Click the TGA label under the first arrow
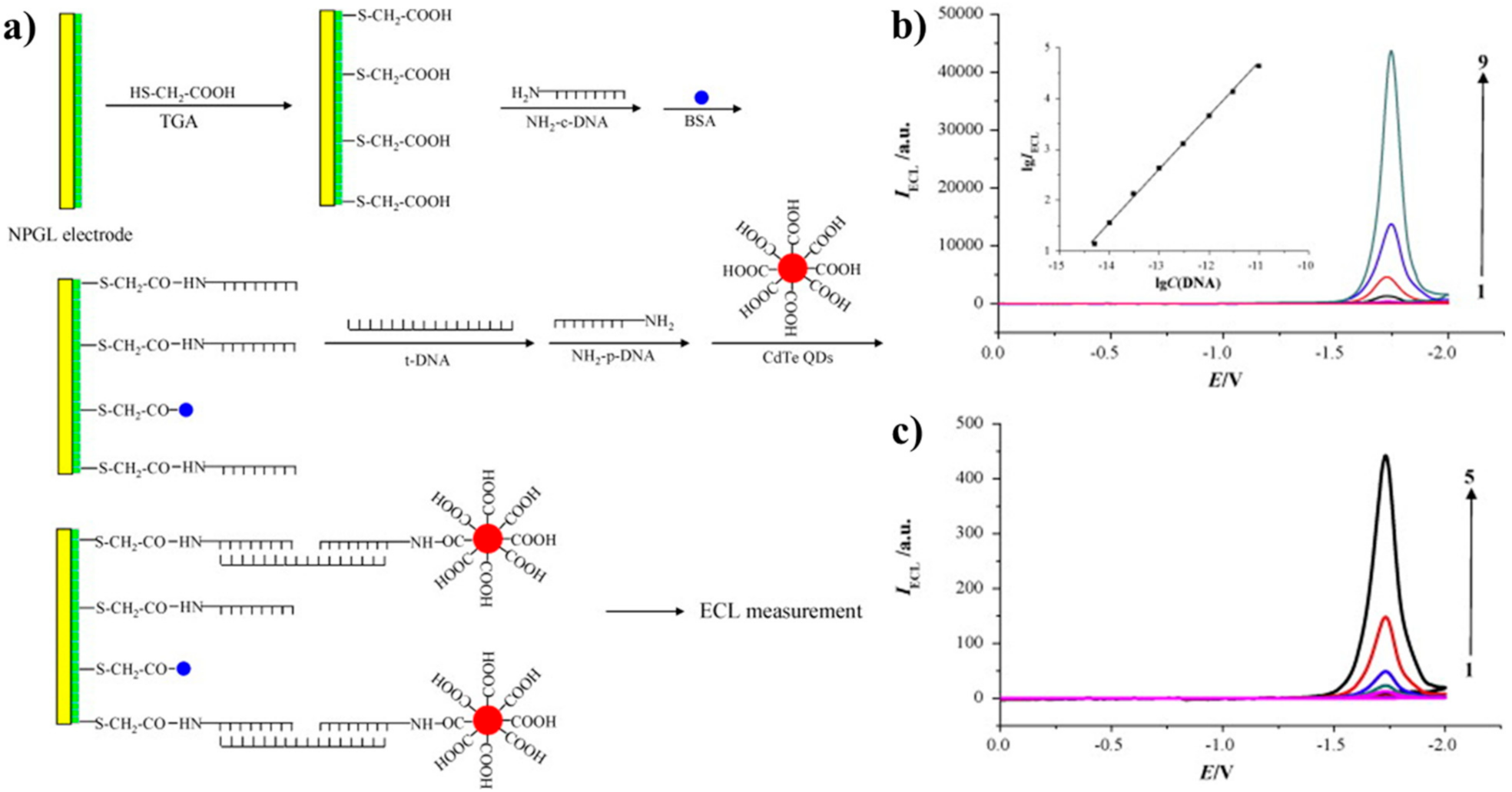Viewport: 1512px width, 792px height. click(179, 121)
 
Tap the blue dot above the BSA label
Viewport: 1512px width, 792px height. click(701, 98)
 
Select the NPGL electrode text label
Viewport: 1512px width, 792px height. click(70, 234)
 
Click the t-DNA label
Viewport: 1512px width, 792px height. click(427, 360)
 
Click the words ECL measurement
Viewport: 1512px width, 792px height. click(781, 611)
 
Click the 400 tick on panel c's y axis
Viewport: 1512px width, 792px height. click(970, 478)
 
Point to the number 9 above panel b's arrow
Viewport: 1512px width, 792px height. click(1483, 61)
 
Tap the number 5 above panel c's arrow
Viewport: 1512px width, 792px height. click(1469, 477)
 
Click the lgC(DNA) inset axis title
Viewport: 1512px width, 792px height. click(1187, 283)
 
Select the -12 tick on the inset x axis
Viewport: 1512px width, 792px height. click(1207, 266)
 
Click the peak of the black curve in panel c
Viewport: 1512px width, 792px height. click(1386, 456)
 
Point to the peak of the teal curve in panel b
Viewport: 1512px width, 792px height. click(1391, 52)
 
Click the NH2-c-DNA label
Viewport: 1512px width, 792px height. click(567, 122)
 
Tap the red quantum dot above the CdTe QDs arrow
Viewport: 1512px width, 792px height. click(792, 269)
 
